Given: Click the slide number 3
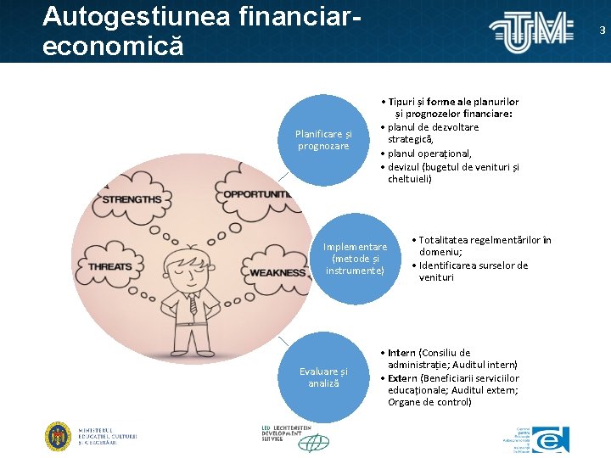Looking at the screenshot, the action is click(x=603, y=31).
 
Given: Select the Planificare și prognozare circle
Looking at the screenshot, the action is click(x=323, y=140).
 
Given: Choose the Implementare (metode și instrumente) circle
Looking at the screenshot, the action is click(x=355, y=259).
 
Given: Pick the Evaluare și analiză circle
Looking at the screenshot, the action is click(x=323, y=377).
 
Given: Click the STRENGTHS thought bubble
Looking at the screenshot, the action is click(x=132, y=198).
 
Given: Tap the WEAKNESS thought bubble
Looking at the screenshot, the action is click(x=276, y=272).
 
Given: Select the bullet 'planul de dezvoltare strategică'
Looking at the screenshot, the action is click(x=433, y=133).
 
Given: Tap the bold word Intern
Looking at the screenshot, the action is click(x=402, y=353).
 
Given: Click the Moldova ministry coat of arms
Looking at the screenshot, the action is click(x=58, y=436).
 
